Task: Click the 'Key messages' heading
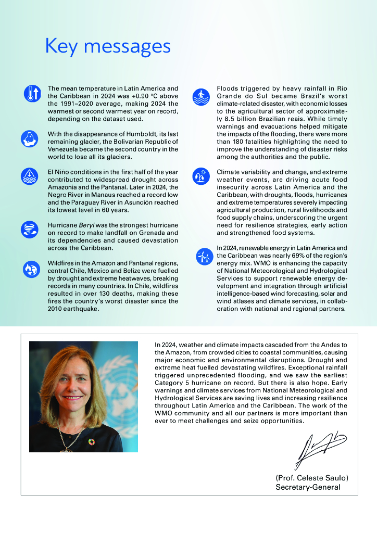(108, 46)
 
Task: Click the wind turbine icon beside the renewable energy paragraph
(203, 256)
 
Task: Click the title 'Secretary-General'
(308, 487)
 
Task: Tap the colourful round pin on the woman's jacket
(92, 441)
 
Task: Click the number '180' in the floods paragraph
(242, 142)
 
